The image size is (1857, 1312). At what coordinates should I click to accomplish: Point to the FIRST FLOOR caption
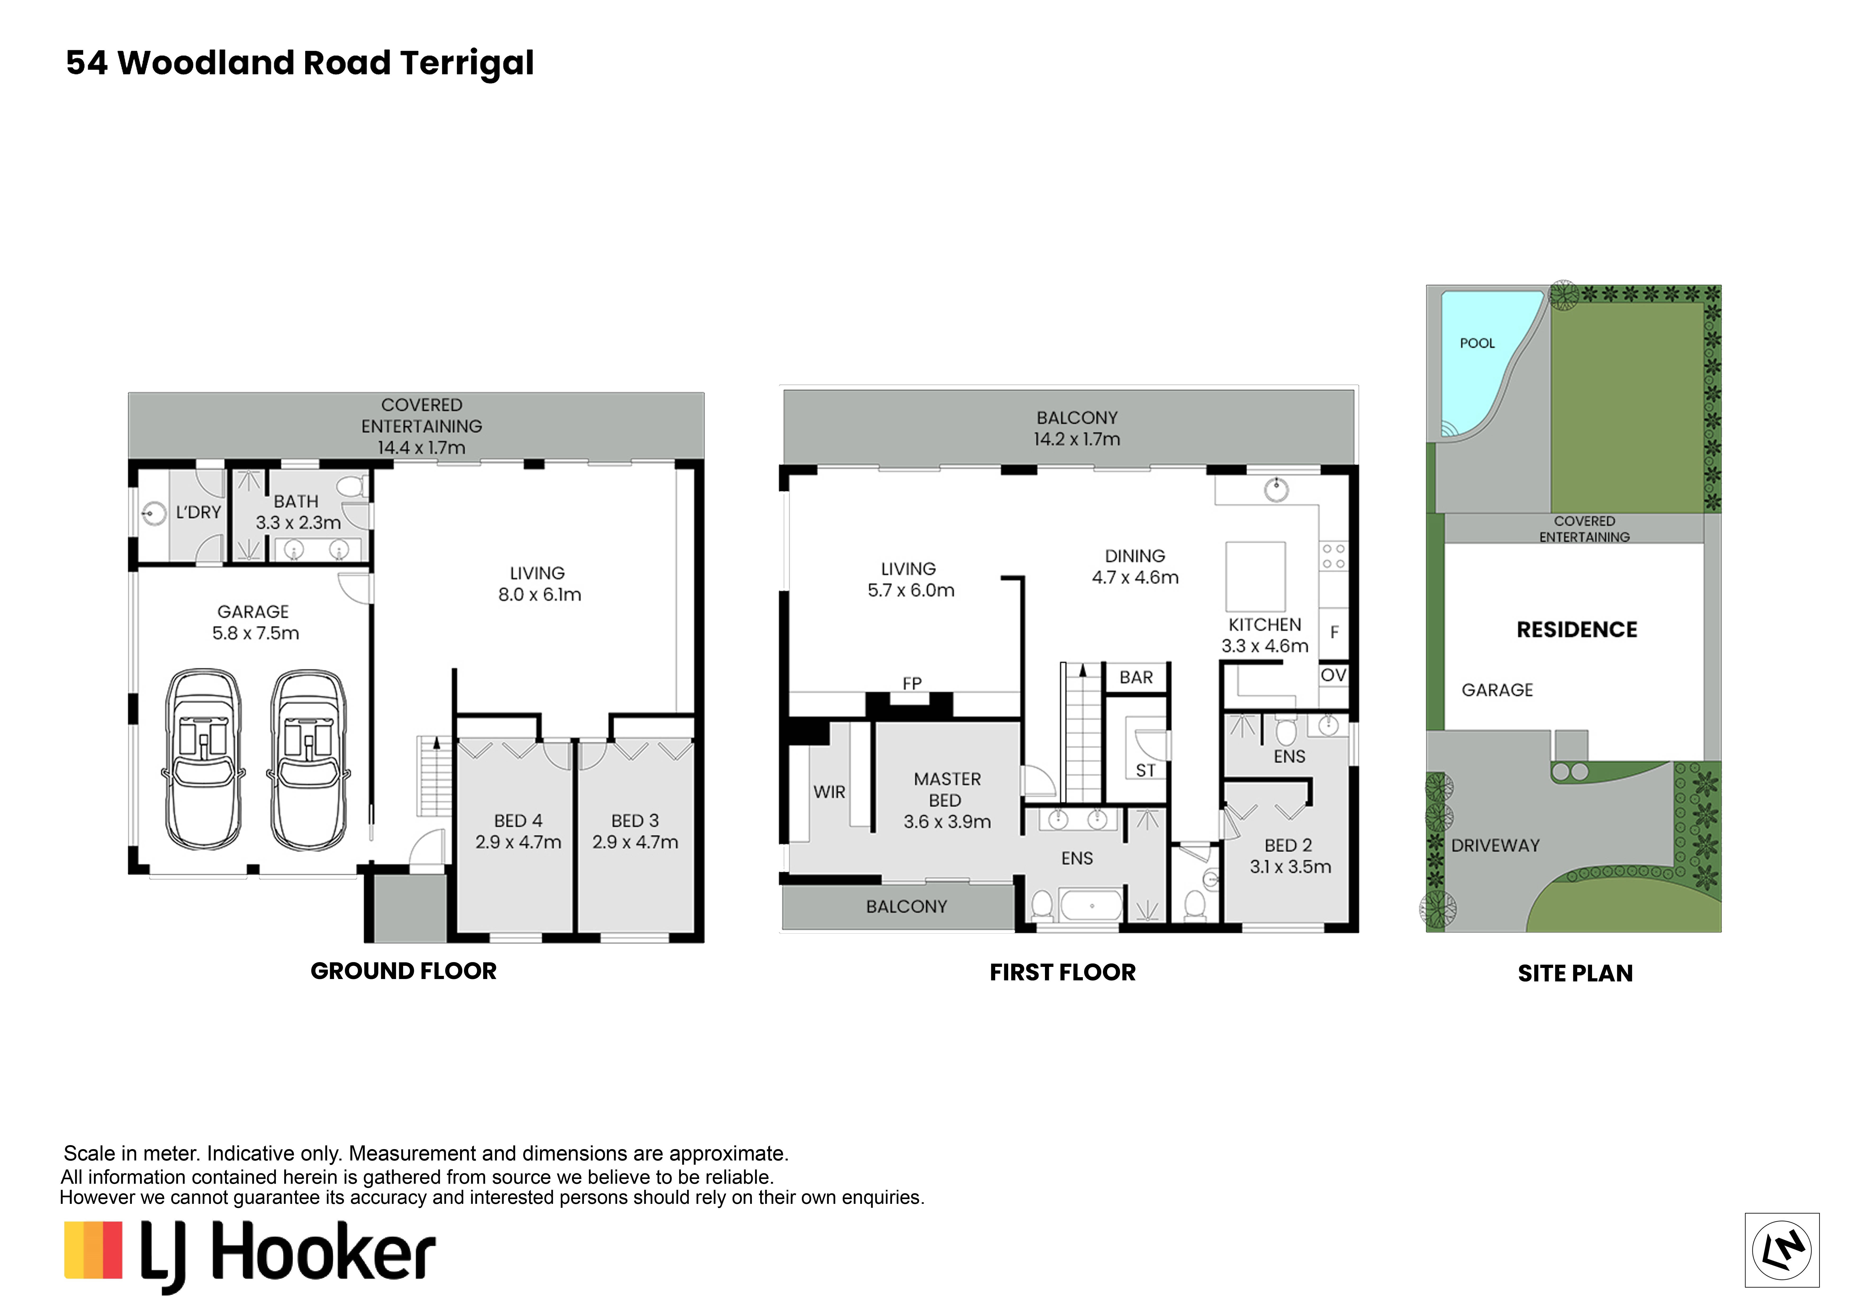click(1063, 972)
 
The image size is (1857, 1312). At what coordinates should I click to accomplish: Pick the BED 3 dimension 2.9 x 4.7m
click(635, 842)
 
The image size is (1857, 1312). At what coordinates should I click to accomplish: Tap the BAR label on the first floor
click(1136, 678)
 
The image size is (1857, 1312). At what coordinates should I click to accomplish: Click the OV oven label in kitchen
click(1334, 675)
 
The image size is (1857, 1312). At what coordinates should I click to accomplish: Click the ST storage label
click(1145, 770)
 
